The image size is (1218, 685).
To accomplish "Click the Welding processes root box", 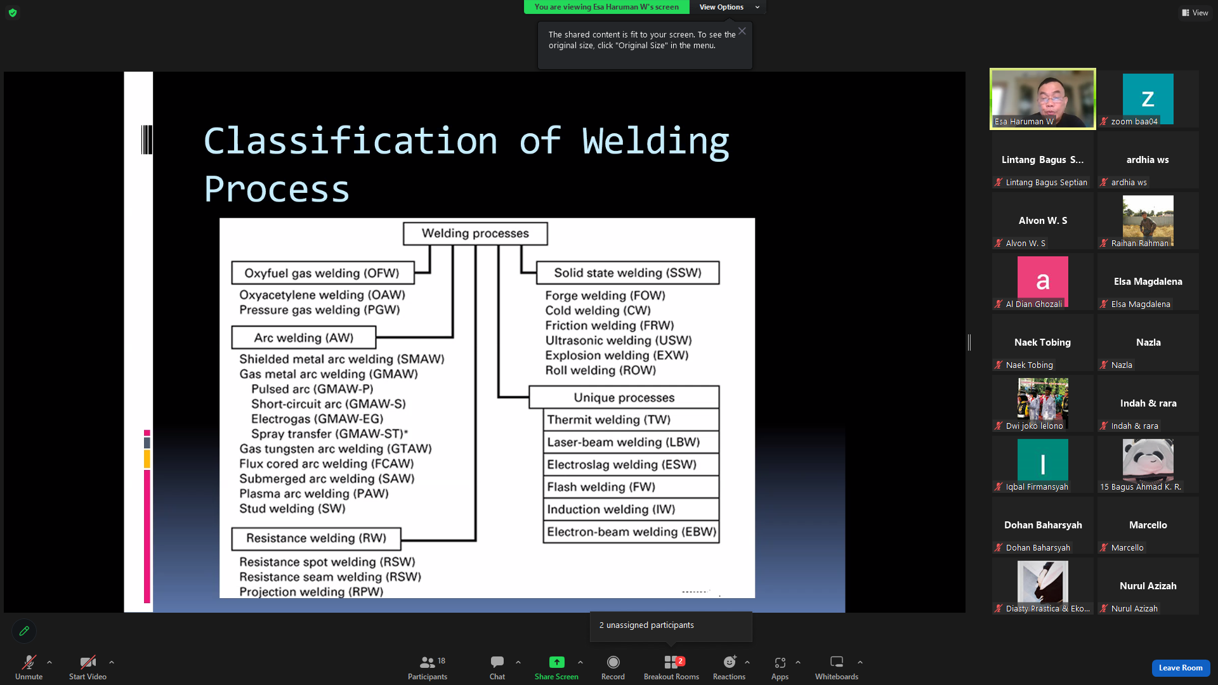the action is click(475, 233).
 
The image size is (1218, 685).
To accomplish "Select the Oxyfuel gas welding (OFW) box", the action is click(322, 273).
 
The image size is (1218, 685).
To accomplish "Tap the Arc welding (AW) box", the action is click(304, 337).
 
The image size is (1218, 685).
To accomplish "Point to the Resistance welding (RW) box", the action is click(316, 538).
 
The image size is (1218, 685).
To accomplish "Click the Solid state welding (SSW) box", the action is click(628, 273).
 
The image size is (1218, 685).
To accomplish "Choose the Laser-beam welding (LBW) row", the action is click(631, 442).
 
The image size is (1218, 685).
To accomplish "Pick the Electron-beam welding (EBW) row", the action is click(631, 532).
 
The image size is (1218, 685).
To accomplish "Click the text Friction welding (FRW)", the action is click(610, 325).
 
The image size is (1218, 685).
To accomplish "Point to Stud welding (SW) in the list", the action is click(292, 509).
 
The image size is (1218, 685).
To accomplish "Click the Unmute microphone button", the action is click(29, 667).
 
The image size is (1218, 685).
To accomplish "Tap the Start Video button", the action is click(88, 667).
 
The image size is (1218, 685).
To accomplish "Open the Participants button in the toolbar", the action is click(428, 667).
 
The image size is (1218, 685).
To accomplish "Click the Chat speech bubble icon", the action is click(497, 662).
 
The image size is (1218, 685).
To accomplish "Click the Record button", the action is click(613, 667).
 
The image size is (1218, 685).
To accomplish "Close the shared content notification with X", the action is click(742, 31).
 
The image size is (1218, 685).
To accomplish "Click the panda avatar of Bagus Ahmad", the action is click(1148, 460).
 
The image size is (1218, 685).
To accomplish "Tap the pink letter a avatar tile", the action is click(1043, 281).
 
